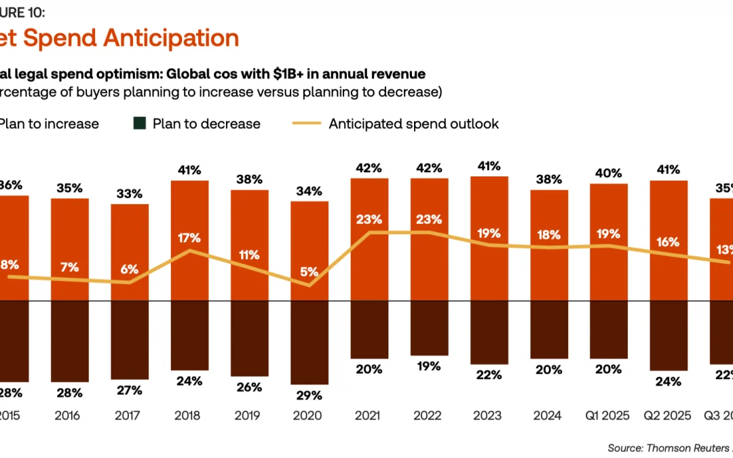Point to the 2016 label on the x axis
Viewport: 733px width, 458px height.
(x=70, y=415)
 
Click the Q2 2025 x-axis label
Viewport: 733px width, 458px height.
(x=669, y=415)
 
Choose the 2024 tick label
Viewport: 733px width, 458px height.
(x=548, y=415)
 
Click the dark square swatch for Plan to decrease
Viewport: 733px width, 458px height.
(x=140, y=123)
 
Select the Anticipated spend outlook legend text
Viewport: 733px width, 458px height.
(x=414, y=123)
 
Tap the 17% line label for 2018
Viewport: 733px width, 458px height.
(x=189, y=237)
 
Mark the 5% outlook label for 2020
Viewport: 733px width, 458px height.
(x=309, y=271)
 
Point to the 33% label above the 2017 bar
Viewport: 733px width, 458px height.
(x=130, y=193)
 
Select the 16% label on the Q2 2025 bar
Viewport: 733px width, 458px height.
(x=669, y=242)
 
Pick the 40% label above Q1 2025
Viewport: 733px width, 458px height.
(x=609, y=173)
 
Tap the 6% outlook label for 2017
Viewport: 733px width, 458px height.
(x=130, y=268)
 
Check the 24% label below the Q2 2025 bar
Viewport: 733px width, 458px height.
(x=669, y=381)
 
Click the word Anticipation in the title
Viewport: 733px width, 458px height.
(x=171, y=38)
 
